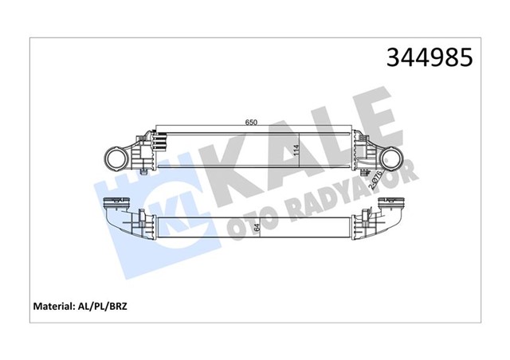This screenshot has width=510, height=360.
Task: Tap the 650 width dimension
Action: click(250, 123)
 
